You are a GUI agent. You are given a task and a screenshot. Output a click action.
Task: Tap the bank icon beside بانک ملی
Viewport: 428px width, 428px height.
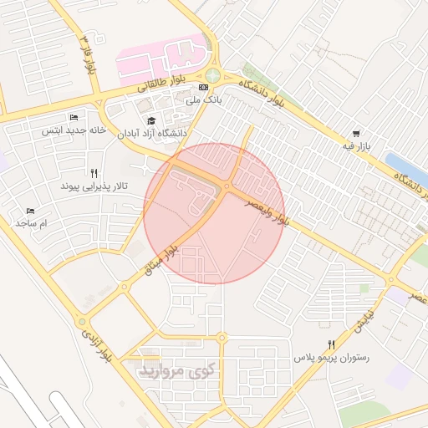click(203, 87)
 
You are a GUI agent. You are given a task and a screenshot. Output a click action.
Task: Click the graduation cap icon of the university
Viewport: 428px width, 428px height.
click(151, 120)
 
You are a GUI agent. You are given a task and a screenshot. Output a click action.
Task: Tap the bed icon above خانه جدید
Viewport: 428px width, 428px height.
click(74, 118)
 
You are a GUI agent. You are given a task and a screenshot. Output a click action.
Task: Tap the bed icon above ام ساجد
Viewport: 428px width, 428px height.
click(31, 211)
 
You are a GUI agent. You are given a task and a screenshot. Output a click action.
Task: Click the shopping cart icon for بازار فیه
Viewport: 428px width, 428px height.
click(357, 134)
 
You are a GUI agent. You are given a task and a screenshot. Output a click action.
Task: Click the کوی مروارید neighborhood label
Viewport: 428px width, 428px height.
click(177, 368)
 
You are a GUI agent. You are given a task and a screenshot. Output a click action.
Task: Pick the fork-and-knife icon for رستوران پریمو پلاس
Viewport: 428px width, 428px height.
click(332, 344)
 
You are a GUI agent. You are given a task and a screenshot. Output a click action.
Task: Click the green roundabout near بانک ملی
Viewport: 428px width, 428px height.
click(213, 75)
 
